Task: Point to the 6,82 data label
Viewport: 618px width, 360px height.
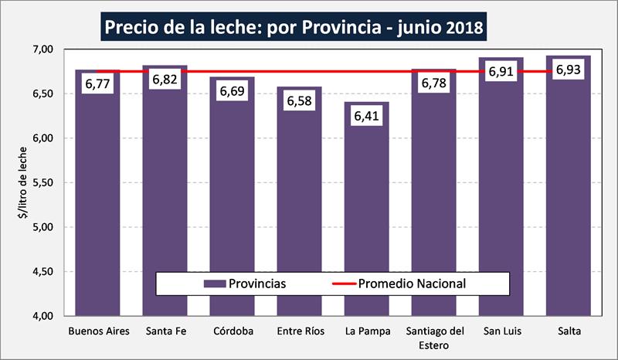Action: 165,80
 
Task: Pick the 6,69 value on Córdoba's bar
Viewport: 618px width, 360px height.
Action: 232,91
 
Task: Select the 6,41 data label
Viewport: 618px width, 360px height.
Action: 366,116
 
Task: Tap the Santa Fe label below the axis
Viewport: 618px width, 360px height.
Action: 165,332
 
